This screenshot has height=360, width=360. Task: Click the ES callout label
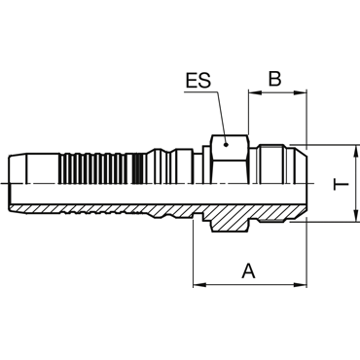coord(198,81)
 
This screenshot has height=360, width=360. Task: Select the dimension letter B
coord(274,79)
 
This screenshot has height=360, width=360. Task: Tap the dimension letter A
coord(249,271)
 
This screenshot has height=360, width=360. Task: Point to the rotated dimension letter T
coord(342,184)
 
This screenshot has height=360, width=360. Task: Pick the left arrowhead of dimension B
coord(254,93)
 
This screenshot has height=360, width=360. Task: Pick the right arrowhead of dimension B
coord(301,93)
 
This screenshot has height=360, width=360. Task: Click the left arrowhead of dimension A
coord(199,285)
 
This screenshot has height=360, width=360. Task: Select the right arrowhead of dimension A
coord(301,285)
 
